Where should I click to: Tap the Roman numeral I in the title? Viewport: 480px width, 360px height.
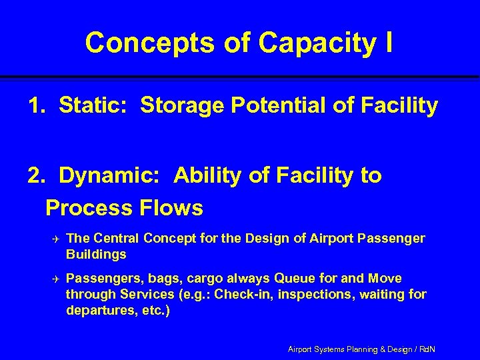(387, 43)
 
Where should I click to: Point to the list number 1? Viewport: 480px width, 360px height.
(35, 105)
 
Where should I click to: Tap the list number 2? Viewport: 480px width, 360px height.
(35, 175)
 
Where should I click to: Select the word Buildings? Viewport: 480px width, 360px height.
(96, 254)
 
